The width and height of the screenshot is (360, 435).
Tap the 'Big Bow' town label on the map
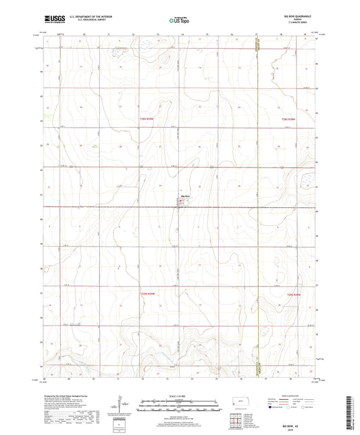click(x=184, y=197)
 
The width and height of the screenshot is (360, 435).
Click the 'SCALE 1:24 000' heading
click(x=178, y=396)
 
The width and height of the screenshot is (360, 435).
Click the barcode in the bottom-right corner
click(x=349, y=415)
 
